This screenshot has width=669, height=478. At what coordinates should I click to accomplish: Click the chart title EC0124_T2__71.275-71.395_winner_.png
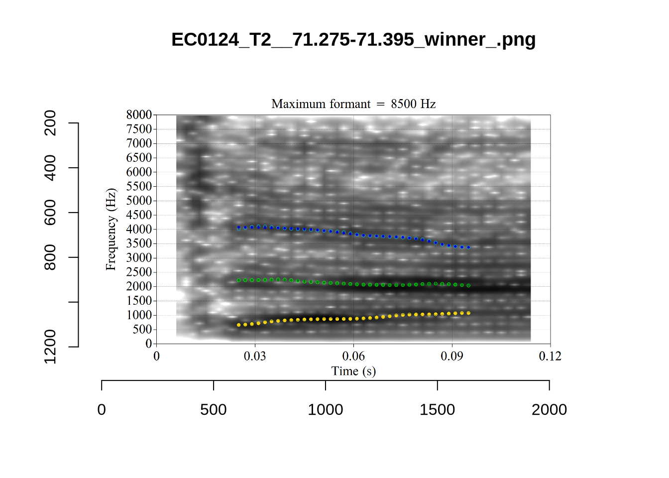tap(353, 39)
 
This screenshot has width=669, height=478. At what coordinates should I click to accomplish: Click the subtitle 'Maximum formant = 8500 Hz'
tap(353, 104)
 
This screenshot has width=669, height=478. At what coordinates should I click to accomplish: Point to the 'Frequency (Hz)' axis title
tap(111, 229)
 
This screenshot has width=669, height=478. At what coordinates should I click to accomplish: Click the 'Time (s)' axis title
tap(353, 371)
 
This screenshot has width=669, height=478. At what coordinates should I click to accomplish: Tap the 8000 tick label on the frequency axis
tap(139, 115)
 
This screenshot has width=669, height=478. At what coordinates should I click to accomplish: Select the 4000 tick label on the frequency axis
tap(139, 229)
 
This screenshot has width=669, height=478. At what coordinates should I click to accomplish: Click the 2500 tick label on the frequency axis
tap(139, 272)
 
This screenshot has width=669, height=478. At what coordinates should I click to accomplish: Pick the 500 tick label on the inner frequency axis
tap(142, 329)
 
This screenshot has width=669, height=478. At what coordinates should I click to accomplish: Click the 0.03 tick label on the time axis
tap(255, 356)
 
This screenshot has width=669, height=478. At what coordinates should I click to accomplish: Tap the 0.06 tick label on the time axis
tap(353, 356)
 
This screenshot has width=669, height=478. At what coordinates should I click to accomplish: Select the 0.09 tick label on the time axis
tap(451, 356)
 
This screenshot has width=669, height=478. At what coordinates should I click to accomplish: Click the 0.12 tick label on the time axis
tap(550, 356)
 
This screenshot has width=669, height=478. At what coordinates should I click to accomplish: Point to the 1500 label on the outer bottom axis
tap(437, 409)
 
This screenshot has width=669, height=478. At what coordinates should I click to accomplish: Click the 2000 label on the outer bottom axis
tap(549, 409)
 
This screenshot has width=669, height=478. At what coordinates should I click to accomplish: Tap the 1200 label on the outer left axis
tap(50, 346)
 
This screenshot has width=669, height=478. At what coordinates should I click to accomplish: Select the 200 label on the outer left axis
tap(50, 123)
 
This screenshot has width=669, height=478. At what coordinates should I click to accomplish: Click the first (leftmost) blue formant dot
tap(238, 228)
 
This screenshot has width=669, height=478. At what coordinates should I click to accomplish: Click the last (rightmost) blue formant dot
tap(468, 247)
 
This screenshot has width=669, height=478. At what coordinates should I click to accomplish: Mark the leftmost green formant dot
tap(238, 280)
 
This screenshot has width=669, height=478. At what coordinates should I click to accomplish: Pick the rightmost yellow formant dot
tap(468, 313)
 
